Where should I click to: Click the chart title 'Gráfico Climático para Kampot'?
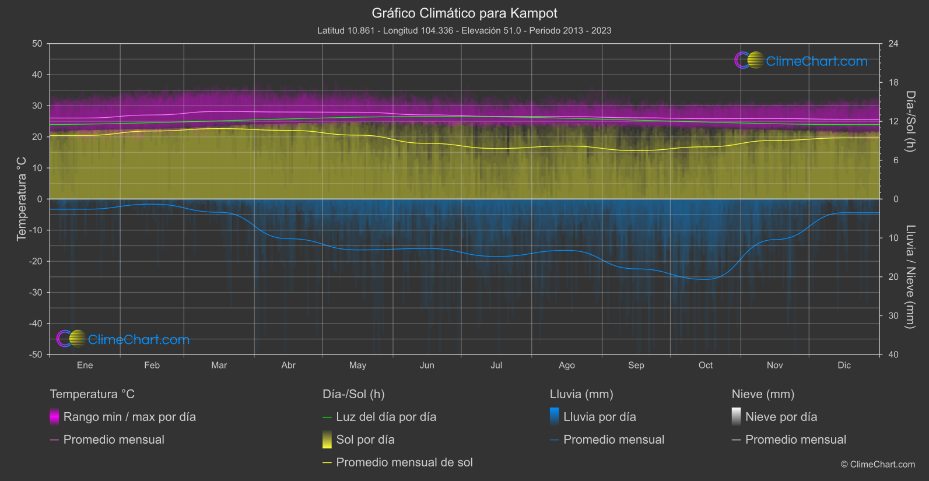464,13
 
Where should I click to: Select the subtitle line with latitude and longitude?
464,30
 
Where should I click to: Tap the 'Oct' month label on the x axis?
705,365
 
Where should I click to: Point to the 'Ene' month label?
85,365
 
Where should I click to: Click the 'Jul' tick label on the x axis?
496,365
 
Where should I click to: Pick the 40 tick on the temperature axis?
37,75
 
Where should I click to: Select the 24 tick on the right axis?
893,44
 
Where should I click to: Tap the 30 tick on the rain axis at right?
893,315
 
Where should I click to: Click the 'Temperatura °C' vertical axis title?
22,199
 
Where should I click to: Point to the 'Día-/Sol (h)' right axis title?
910,121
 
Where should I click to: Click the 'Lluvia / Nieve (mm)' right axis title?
910,277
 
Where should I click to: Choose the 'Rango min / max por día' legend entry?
129,417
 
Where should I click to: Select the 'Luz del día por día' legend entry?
386,417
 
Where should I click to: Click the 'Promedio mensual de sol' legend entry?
404,462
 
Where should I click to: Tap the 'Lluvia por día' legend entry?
600,417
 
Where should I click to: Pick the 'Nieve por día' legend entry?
781,417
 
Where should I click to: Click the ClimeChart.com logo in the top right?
801,61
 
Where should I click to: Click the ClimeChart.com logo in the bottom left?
123,339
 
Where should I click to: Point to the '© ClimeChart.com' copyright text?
878,464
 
